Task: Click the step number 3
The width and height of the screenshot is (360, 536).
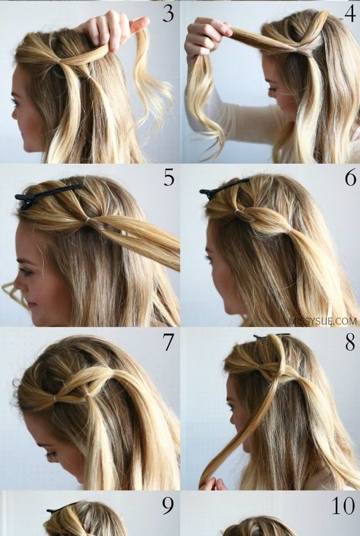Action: pyautogui.click(x=168, y=14)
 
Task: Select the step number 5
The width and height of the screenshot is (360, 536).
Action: pyautogui.click(x=169, y=178)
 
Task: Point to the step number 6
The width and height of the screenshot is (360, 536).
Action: pyautogui.click(x=350, y=178)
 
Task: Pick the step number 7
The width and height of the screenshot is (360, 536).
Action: pyautogui.click(x=169, y=342)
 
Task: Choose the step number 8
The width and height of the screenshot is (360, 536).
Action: pyautogui.click(x=350, y=343)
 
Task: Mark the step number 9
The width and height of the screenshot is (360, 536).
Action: pyautogui.click(x=168, y=506)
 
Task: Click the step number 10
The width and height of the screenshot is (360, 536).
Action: pyautogui.click(x=343, y=506)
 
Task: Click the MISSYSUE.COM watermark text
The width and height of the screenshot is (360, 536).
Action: pyautogui.click(x=323, y=321)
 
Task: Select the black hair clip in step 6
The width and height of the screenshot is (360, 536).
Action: pyautogui.click(x=224, y=188)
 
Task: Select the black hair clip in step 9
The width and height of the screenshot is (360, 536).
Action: pyautogui.click(x=61, y=508)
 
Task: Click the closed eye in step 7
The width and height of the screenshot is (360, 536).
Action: pyautogui.click(x=51, y=455)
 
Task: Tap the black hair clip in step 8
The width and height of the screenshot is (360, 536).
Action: pyautogui.click(x=272, y=336)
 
